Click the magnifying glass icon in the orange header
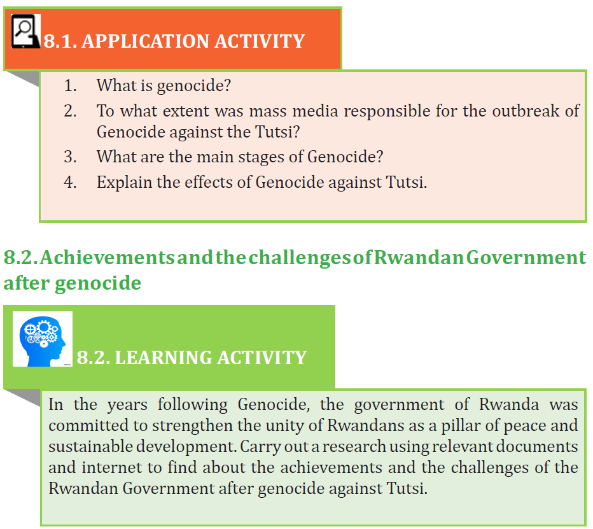(25, 31)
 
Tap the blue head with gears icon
(43, 339)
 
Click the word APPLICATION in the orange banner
(145, 41)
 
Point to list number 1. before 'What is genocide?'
(70, 85)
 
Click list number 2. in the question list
(70, 111)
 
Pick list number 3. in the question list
(70, 157)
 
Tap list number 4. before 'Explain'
(70, 183)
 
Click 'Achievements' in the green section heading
(107, 258)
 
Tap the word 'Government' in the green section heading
(526, 258)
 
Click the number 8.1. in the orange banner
(60, 41)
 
